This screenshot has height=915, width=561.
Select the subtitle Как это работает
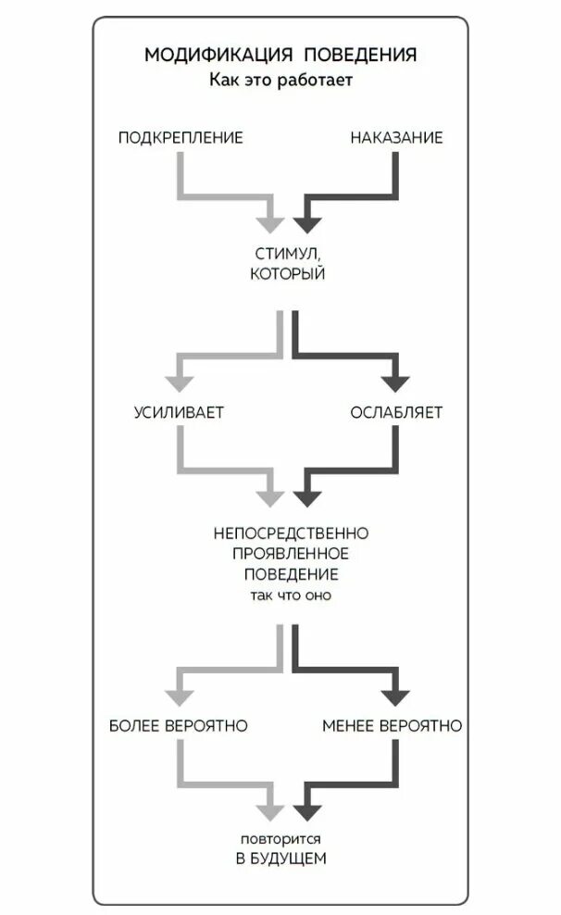(x=280, y=81)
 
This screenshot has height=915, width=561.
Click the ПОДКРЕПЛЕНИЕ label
(x=181, y=138)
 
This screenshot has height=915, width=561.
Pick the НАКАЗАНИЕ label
(x=396, y=138)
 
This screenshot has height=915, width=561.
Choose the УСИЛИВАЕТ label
(x=179, y=412)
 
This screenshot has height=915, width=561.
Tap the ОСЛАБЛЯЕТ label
(x=396, y=412)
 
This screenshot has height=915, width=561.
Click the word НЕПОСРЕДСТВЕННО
(x=292, y=533)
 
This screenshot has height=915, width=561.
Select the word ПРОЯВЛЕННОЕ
(x=292, y=554)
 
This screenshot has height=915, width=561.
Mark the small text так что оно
(x=291, y=595)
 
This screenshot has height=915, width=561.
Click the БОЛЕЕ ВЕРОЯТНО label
(x=178, y=725)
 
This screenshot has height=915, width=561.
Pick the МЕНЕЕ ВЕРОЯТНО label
(x=392, y=725)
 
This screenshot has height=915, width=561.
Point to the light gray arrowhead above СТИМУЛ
(x=269, y=223)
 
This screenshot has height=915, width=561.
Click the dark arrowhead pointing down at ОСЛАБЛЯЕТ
(x=396, y=381)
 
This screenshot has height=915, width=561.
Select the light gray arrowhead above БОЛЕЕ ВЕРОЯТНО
(x=178, y=694)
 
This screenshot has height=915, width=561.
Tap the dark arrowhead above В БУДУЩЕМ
(x=305, y=812)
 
